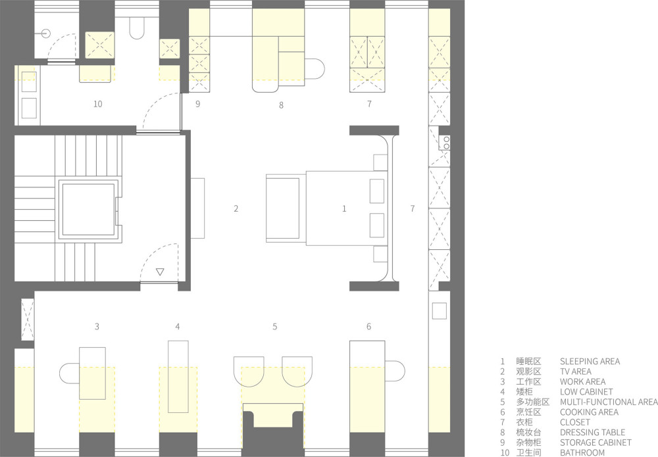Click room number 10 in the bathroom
pyautogui.click(x=98, y=104)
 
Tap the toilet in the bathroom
pyautogui.click(x=137, y=28)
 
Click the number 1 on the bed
pyautogui.click(x=344, y=208)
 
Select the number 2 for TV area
pyautogui.click(x=236, y=208)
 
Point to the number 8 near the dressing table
pyautogui.click(x=281, y=105)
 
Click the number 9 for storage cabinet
pyautogui.click(x=197, y=103)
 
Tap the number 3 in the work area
pyautogui.click(x=97, y=326)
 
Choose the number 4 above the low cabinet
pyautogui.click(x=178, y=326)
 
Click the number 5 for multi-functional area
pyautogui.click(x=275, y=326)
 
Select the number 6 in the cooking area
pyautogui.click(x=369, y=326)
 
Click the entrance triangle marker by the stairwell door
pyautogui.click(x=160, y=272)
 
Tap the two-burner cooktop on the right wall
pyautogui.click(x=444, y=143)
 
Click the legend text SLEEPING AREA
pyautogui.click(x=590, y=362)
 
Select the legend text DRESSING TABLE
pyautogui.click(x=592, y=432)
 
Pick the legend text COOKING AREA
pyautogui.click(x=589, y=412)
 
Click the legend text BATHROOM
pyautogui.click(x=582, y=452)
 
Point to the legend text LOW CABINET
pyautogui.click(x=586, y=392)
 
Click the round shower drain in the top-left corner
pyautogui.click(x=46, y=33)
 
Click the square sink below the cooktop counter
pyautogui.click(x=440, y=310)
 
